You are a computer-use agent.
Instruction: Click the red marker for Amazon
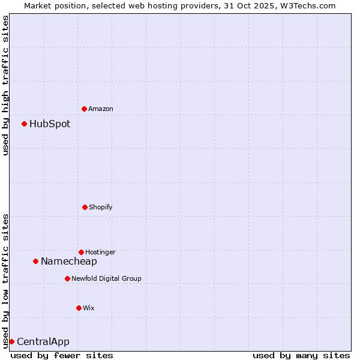tap(84, 109)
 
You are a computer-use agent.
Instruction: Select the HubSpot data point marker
tap(24, 124)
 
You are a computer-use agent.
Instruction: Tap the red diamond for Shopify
tap(85, 207)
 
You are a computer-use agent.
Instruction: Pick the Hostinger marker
tap(81, 252)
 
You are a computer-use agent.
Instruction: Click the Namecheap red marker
tap(35, 261)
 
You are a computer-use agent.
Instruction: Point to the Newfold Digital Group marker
tap(67, 278)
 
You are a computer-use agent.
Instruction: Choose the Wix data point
tap(79, 308)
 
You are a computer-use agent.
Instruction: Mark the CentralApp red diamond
tap(11, 341)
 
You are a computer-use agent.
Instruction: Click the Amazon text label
tap(101, 109)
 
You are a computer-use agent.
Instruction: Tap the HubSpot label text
tap(50, 124)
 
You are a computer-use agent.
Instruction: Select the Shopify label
tap(101, 207)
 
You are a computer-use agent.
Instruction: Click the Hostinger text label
tap(100, 252)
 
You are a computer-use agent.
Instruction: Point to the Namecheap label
tap(69, 262)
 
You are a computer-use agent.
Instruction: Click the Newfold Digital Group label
tap(106, 278)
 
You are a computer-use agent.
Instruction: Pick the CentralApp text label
tap(43, 342)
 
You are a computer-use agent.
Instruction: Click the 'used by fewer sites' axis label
tap(62, 355)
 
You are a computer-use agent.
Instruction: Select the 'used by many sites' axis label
tap(301, 355)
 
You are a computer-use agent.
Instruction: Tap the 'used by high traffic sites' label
tap(5, 85)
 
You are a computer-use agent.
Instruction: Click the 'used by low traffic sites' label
tap(5, 281)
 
